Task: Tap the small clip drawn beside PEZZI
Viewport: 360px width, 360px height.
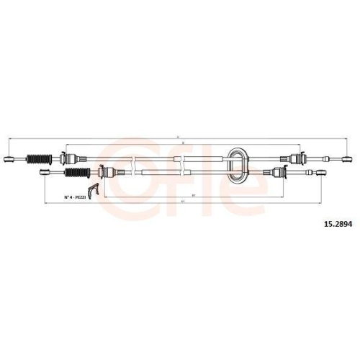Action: click(x=89, y=194)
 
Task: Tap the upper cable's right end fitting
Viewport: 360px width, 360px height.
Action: click(x=344, y=158)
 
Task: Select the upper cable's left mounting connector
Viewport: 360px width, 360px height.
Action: click(x=67, y=158)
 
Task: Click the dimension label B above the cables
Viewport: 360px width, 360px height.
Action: click(x=183, y=144)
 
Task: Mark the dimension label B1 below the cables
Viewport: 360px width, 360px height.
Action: click(x=183, y=192)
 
